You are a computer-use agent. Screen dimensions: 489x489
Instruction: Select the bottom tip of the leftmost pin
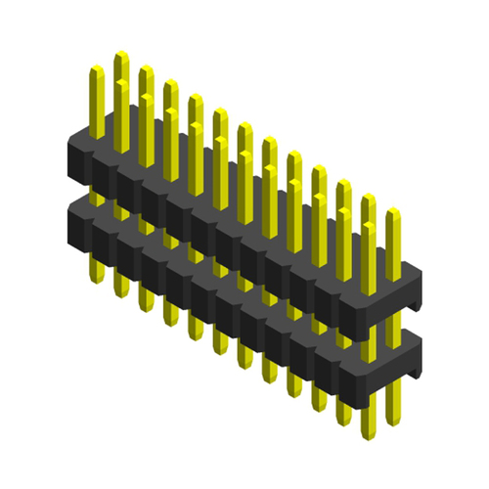tap(97, 281)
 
